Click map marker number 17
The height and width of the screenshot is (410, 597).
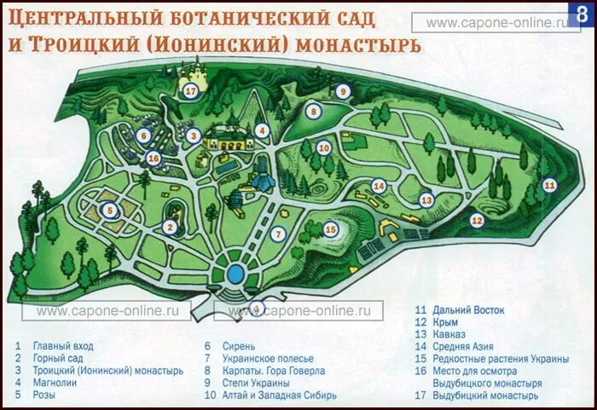coord(191,91)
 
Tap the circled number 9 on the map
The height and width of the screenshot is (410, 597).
coord(343,92)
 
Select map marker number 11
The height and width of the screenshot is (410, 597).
coord(549,184)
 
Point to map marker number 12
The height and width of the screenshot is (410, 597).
coord(477,221)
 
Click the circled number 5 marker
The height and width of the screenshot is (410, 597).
coord(108,210)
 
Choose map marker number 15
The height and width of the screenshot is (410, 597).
coord(331,228)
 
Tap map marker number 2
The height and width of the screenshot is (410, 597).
coord(171,227)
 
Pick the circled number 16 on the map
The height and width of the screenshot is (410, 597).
coord(154,158)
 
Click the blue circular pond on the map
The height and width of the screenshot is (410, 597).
coord(237,274)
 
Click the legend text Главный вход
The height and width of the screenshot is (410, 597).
coord(63,346)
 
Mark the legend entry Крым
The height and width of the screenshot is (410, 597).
coord(445,322)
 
